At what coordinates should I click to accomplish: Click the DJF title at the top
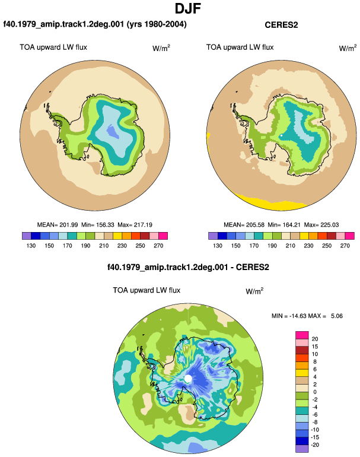point(188,8)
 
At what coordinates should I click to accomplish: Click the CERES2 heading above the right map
point(281,25)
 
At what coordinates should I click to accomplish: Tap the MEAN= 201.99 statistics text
point(58,225)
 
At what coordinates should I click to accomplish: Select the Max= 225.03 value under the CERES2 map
point(321,225)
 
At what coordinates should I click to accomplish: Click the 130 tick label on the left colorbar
point(31,246)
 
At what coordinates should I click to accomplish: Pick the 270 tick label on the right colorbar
point(345,246)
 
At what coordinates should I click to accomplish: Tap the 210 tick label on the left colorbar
point(104,246)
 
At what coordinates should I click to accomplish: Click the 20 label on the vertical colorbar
point(315,339)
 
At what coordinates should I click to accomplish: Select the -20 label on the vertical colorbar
point(315,445)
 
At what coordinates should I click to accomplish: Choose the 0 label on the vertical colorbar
point(315,392)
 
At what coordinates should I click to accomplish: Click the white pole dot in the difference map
point(188,379)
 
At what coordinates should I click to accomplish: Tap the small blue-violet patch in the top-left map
point(113,132)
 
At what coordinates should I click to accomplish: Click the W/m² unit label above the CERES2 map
point(348,48)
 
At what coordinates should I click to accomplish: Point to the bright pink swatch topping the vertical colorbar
point(302,335)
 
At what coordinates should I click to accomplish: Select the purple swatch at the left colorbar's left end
point(27,236)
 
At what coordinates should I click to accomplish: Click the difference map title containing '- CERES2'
point(188,267)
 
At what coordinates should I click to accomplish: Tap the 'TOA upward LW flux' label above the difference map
point(146,290)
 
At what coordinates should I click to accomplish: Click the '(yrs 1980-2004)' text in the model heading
point(157,24)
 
